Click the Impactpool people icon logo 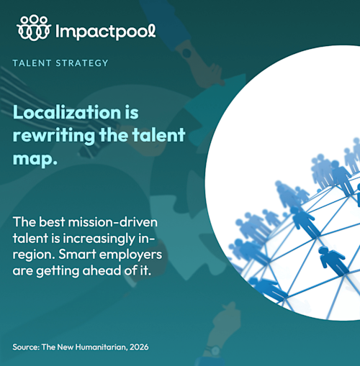(34, 27)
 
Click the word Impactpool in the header (106, 32)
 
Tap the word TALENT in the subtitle (32, 63)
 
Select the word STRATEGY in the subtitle (82, 63)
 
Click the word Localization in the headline (67, 112)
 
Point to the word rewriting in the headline (54, 136)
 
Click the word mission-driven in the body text (113, 222)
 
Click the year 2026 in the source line (139, 347)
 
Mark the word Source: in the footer (26, 347)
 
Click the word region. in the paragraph (34, 255)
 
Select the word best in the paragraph (52, 222)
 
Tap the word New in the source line (66, 347)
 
